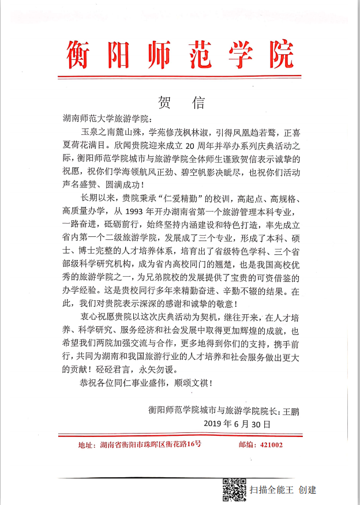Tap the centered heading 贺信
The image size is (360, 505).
coord(181,103)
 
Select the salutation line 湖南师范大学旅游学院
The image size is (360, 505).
coord(108,119)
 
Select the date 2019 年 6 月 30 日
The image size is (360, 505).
coord(237,424)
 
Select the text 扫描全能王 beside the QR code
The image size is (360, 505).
coord(271,490)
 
